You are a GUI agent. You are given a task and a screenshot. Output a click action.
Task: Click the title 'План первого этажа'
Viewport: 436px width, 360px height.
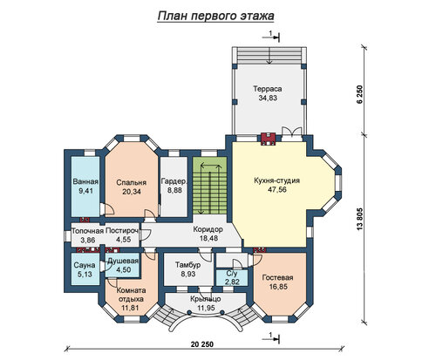(215, 16)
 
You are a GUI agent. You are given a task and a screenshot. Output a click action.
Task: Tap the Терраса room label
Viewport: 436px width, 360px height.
(268, 89)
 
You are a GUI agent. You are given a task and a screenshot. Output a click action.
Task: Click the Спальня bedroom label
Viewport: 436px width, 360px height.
(131, 182)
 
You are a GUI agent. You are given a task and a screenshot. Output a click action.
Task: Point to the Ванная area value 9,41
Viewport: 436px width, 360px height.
(85, 191)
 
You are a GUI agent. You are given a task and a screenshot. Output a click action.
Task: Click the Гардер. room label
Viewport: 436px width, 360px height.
(174, 181)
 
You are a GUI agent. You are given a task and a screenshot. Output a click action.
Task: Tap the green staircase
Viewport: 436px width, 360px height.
(209, 186)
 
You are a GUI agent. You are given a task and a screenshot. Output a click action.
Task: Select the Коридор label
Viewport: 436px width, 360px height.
(208, 229)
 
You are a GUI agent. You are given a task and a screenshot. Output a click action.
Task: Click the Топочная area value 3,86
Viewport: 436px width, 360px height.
(88, 240)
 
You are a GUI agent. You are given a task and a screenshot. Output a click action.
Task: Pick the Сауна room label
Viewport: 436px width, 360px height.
(85, 265)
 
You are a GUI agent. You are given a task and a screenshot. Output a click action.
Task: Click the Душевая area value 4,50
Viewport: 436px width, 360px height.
(124, 269)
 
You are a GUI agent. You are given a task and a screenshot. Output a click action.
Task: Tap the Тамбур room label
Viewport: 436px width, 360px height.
(188, 265)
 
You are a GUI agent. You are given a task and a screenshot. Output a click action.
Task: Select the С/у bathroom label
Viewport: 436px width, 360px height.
(232, 274)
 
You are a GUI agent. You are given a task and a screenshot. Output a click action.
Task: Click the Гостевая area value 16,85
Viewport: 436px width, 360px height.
(278, 287)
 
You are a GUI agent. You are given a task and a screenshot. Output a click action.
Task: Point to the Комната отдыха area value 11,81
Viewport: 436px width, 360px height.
(131, 308)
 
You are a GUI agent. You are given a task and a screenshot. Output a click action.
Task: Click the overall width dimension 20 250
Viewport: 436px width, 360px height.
(202, 344)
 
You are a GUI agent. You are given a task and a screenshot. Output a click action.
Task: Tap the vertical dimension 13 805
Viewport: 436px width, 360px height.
(360, 220)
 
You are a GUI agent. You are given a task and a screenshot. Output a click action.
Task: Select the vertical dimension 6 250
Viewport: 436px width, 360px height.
(360, 94)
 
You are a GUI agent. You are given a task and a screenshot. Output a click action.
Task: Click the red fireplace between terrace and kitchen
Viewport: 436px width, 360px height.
(268, 139)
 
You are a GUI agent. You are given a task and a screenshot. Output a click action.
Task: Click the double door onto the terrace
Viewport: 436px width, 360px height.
(292, 132)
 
